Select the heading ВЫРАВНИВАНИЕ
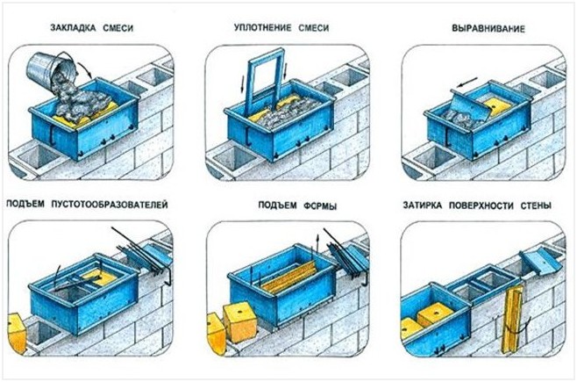488,28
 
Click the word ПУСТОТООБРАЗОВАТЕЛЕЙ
110,204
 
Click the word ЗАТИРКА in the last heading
423,205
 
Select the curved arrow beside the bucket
86,69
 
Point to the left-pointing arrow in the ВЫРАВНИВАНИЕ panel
467,83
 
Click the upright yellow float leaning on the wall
512,320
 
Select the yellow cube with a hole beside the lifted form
240,321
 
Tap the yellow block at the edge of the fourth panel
17,333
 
